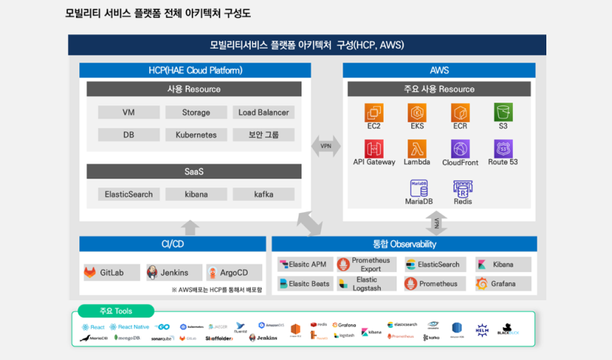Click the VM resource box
128,113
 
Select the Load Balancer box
263,113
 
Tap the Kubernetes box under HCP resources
196,135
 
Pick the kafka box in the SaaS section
263,194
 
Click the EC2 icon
374,113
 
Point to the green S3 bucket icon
503,113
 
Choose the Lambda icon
416,149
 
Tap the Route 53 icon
503,149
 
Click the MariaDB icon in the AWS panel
419,188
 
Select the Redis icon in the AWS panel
463,188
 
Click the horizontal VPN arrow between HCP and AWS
326,146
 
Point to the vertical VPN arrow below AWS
440,222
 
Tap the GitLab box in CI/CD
110,273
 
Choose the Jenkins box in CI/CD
173,273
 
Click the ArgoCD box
235,273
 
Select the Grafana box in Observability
503,284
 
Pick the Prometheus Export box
366,264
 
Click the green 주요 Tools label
115,311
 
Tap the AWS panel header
439,70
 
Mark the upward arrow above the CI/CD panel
191,227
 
